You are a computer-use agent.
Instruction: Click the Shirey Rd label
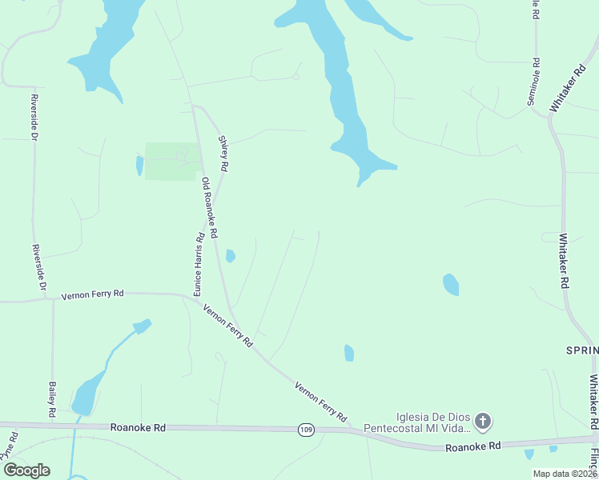pyautogui.click(x=224, y=152)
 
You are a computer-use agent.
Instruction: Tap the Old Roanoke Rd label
pyautogui.click(x=210, y=208)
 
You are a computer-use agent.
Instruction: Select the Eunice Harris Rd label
pyautogui.click(x=197, y=262)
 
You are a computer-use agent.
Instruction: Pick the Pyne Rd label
pyautogui.click(x=11, y=446)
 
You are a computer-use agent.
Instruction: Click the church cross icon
pyautogui.click(x=483, y=420)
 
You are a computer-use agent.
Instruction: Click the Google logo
pyautogui.click(x=26, y=470)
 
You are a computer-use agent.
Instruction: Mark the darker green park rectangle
pyautogui.click(x=171, y=161)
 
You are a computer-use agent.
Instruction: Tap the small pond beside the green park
pyautogui.click(x=140, y=166)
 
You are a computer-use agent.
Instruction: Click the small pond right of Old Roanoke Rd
pyautogui.click(x=231, y=256)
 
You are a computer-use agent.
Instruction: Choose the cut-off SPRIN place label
pyautogui.click(x=582, y=350)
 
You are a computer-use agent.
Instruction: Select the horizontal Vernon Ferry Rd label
pyautogui.click(x=93, y=294)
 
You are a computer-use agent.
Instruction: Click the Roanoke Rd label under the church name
pyautogui.click(x=473, y=446)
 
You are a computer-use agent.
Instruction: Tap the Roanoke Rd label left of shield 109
pyautogui.click(x=138, y=428)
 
